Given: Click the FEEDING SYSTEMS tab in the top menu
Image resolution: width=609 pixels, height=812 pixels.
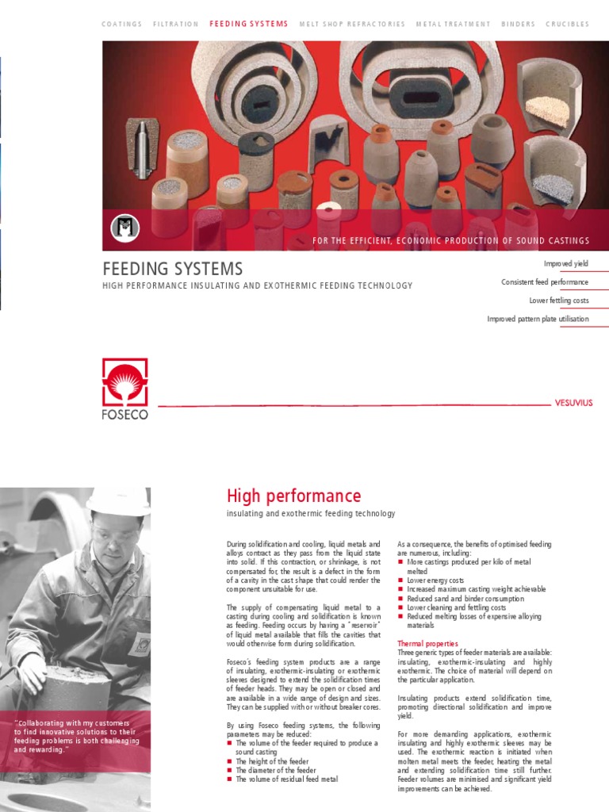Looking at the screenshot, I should pyautogui.click(x=249, y=25).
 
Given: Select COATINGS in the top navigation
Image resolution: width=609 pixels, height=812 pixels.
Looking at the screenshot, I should pyautogui.click(x=122, y=25).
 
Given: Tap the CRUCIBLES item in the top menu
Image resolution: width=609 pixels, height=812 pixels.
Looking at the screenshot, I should pyautogui.click(x=567, y=25).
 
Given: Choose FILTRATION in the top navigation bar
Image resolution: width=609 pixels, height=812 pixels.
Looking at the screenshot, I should pyautogui.click(x=176, y=25).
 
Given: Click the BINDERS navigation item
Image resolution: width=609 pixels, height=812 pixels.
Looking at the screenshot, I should pyautogui.click(x=518, y=25).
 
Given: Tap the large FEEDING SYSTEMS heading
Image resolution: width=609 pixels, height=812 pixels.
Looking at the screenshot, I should pyautogui.click(x=173, y=269).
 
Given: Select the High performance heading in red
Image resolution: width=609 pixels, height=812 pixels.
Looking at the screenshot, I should pyautogui.click(x=293, y=496).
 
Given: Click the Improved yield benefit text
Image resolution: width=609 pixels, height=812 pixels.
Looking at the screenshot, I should pyautogui.click(x=565, y=264).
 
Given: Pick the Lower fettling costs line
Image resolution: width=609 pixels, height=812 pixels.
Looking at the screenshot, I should pyautogui.click(x=559, y=301).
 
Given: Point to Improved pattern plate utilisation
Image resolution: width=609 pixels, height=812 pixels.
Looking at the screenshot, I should pyautogui.click(x=538, y=320).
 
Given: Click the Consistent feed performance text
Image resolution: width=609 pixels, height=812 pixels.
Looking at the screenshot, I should pyautogui.click(x=545, y=282).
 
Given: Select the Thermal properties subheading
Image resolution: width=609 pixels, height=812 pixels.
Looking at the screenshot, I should pyautogui.click(x=427, y=644).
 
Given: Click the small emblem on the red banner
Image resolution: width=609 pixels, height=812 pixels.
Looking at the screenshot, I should pyautogui.click(x=124, y=228).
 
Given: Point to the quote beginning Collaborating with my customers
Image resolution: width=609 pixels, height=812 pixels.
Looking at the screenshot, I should pyautogui.click(x=76, y=736).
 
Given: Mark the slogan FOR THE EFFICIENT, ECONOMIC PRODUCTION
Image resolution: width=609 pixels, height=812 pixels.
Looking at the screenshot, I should pyautogui.click(x=450, y=241).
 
